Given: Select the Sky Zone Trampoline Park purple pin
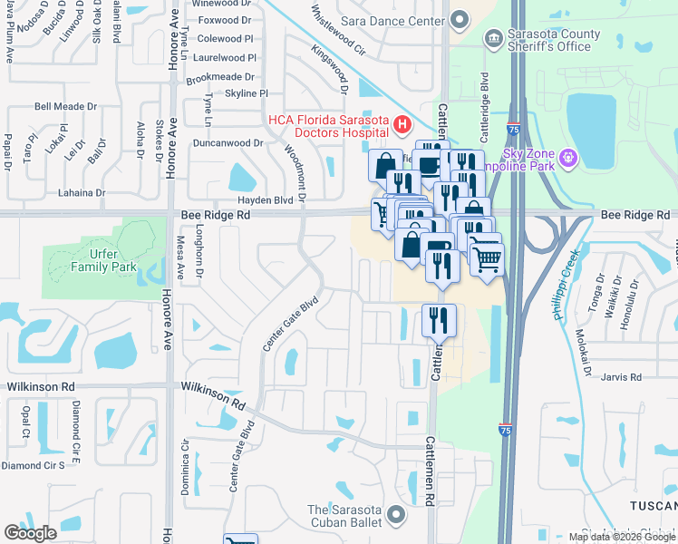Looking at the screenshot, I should coord(568,158).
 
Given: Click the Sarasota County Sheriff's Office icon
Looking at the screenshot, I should coord(493,37).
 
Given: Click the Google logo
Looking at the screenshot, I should coord(30,533).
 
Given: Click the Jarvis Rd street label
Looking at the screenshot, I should coord(621,376).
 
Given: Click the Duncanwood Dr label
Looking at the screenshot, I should coord(228,142).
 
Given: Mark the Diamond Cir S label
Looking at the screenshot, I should coord(33,465).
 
